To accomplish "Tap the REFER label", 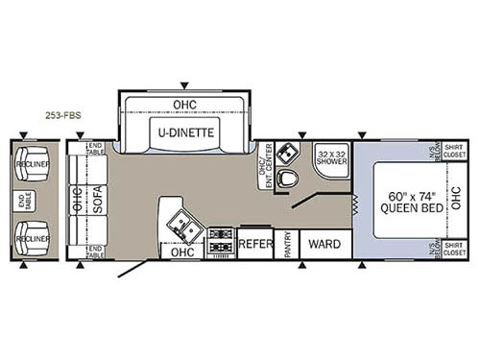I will (x=254, y=244).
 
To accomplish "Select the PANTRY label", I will (x=285, y=244).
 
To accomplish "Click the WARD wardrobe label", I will (x=318, y=244).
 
